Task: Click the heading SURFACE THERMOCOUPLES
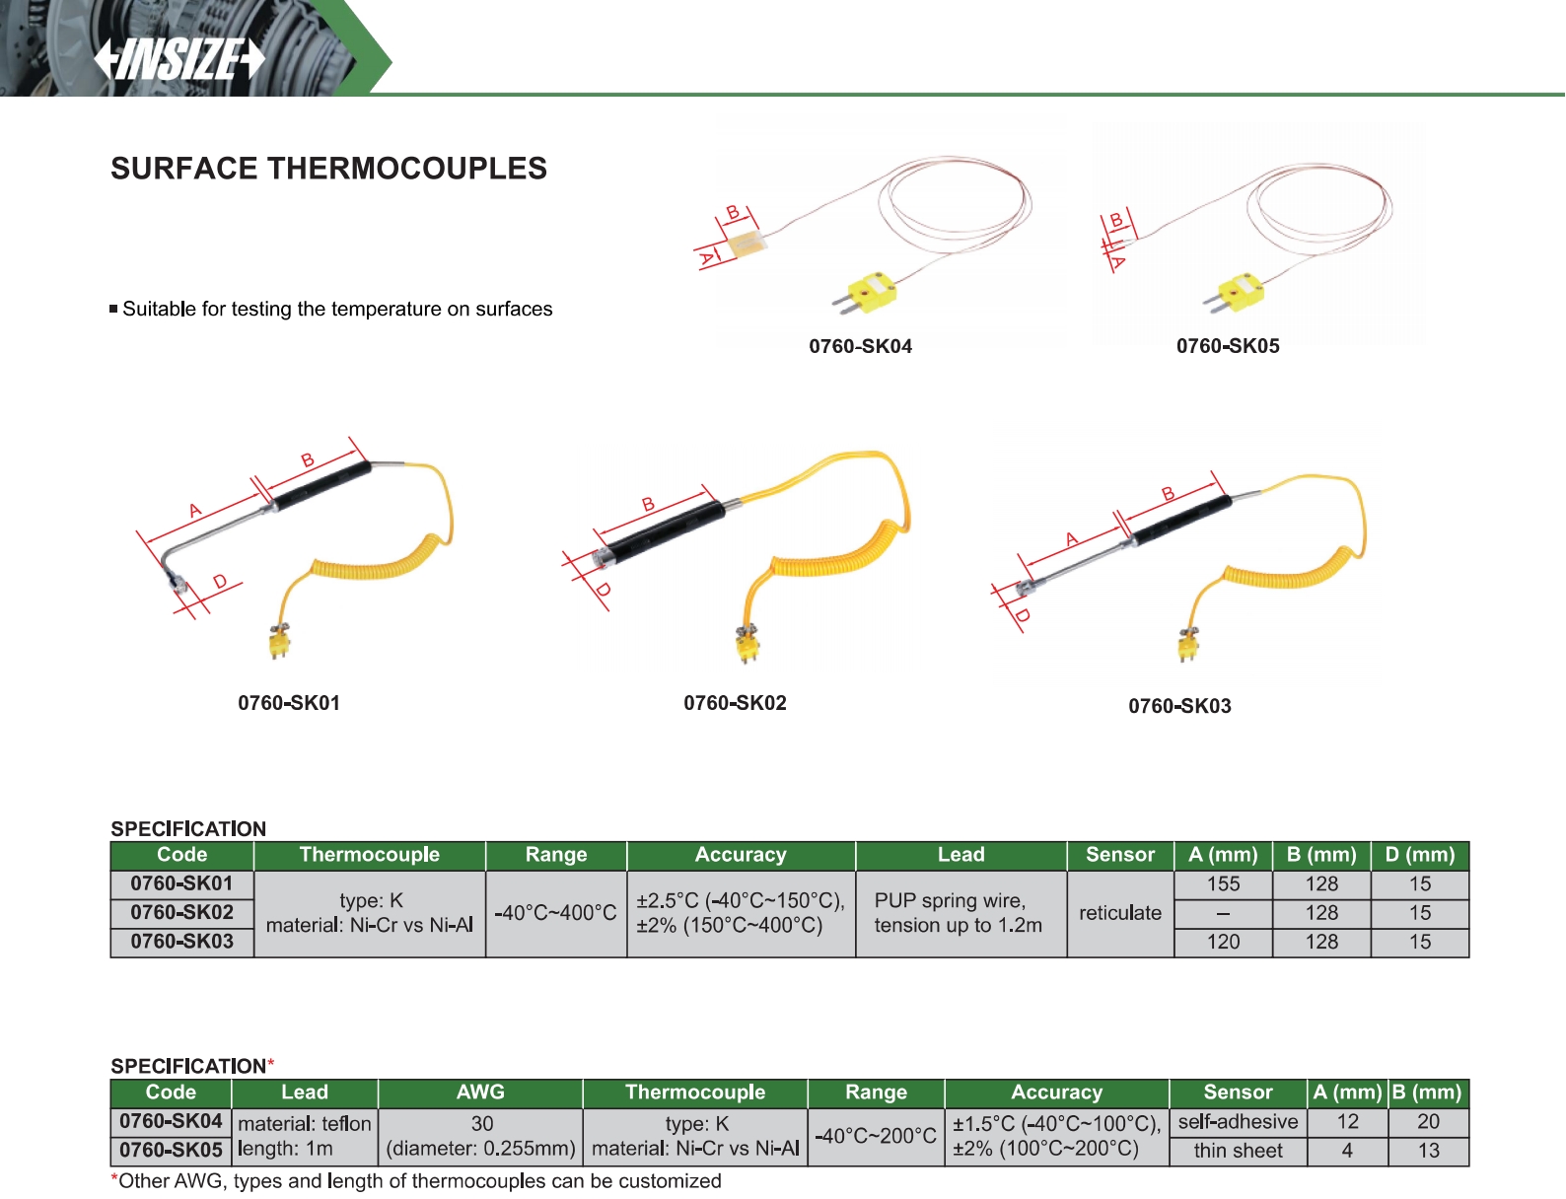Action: pos(328,169)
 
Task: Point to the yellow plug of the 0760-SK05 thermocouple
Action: pos(1237,293)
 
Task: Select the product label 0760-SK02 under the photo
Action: pos(735,702)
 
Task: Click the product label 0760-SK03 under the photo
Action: pos(1179,705)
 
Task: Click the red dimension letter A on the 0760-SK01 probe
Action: pos(195,511)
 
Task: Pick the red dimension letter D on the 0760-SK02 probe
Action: pos(604,589)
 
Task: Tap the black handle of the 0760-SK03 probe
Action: pos(1180,518)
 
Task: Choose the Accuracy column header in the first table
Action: pos(741,855)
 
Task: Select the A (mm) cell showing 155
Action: pos(1223,883)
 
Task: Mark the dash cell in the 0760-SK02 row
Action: pos(1223,913)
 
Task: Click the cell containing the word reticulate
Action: pos(1120,913)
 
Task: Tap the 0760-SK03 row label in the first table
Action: pos(181,942)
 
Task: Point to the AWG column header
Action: pos(480,1092)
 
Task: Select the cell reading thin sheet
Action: pos(1238,1151)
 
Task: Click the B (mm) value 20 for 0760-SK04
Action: pos(1428,1121)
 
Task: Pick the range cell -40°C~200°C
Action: pos(876,1136)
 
